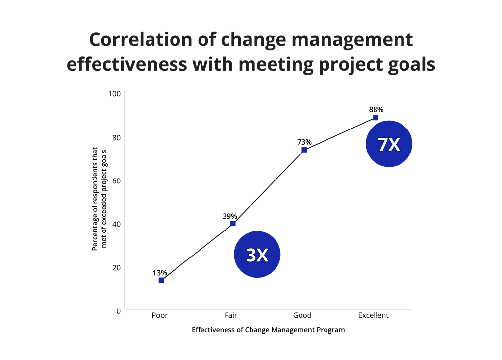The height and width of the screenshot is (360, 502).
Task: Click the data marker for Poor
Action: [x=161, y=280]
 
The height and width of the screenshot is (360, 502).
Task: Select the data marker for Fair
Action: [x=233, y=224]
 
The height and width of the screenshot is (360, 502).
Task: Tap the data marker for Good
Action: [x=304, y=150]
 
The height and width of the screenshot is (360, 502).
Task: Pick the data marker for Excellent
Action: [x=376, y=118]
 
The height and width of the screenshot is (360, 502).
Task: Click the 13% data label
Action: [x=160, y=273]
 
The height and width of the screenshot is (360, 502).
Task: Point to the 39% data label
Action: [x=230, y=216]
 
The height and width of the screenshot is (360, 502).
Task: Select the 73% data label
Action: [x=304, y=142]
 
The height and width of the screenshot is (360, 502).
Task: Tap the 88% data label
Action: [x=376, y=110]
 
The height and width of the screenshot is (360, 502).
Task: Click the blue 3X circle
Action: [x=257, y=254]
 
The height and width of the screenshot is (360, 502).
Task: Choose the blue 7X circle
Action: [x=389, y=144]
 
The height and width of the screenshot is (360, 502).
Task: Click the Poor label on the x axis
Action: [x=160, y=315]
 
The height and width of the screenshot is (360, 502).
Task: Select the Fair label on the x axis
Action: [x=231, y=315]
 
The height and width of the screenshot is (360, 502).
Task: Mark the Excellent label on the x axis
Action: [x=373, y=315]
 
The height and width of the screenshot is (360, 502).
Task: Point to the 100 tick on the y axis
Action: [x=114, y=94]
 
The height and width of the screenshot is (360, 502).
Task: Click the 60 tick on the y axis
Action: [x=116, y=180]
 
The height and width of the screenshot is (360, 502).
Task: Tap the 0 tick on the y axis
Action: [x=118, y=310]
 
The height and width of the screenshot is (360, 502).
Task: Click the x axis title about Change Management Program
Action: [x=268, y=330]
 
